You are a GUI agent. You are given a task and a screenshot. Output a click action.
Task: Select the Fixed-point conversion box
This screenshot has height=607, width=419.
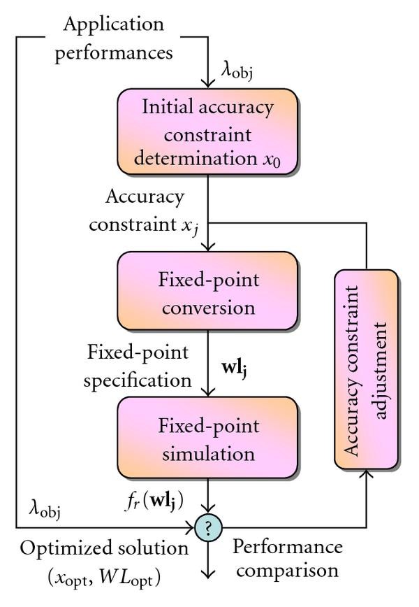(207, 294)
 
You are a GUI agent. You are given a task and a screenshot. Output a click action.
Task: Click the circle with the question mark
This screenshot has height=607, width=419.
(207, 526)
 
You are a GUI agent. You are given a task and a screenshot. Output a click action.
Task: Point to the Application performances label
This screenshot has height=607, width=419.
(113, 38)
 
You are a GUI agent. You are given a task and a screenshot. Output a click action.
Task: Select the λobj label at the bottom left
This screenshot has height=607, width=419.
(45, 507)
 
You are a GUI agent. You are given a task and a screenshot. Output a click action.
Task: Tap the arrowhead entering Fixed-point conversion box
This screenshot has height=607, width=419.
(207, 247)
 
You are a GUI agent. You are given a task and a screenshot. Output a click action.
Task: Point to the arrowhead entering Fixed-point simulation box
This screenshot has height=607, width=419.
(207, 392)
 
